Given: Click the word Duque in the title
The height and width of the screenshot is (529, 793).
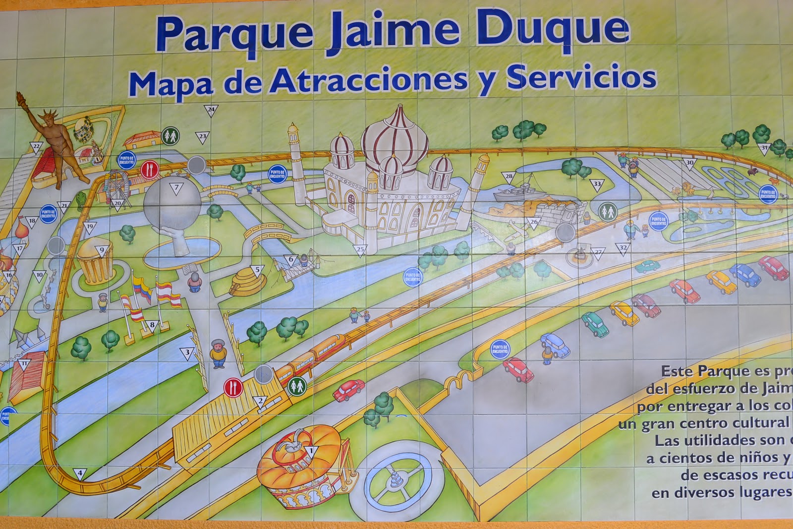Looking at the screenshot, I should point(555,31).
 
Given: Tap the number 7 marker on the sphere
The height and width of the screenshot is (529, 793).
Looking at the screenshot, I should point(175,188).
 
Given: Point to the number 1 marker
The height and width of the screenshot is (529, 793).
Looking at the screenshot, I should point(311,451).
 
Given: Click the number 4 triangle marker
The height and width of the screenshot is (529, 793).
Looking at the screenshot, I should point(80,474).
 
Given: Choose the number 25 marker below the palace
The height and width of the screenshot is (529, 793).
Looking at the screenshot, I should point(360,249).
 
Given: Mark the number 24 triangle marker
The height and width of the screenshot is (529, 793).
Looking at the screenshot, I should point(211,110).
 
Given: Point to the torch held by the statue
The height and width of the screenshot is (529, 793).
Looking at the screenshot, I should point(20,97).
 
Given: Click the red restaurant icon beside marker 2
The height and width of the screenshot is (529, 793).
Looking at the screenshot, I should point(232,387).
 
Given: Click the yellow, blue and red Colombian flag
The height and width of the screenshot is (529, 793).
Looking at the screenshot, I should point(142,288).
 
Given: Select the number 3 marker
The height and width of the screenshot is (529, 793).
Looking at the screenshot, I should point(187,353).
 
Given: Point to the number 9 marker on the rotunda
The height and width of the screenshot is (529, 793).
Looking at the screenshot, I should point(102,251).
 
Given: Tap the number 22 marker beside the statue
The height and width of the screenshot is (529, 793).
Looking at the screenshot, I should point(36,147).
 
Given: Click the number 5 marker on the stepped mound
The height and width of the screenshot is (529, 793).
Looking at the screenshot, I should point(257,270).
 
